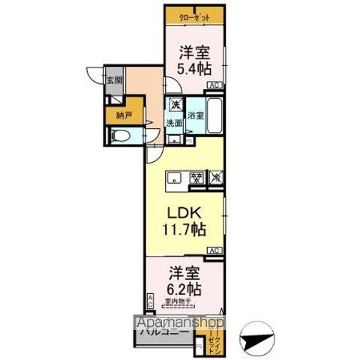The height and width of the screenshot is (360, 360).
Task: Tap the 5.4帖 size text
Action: [194, 69]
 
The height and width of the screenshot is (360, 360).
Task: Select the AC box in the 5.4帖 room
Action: [214, 85]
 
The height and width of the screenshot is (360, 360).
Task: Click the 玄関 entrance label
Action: [114, 80]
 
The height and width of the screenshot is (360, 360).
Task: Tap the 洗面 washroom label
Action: [174, 123]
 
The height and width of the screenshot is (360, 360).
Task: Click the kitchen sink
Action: [174, 178]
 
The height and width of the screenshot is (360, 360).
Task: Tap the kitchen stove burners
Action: [196, 178]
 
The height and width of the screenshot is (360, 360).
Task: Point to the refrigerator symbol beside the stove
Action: [216, 178]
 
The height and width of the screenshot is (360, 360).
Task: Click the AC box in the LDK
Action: [214, 250]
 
